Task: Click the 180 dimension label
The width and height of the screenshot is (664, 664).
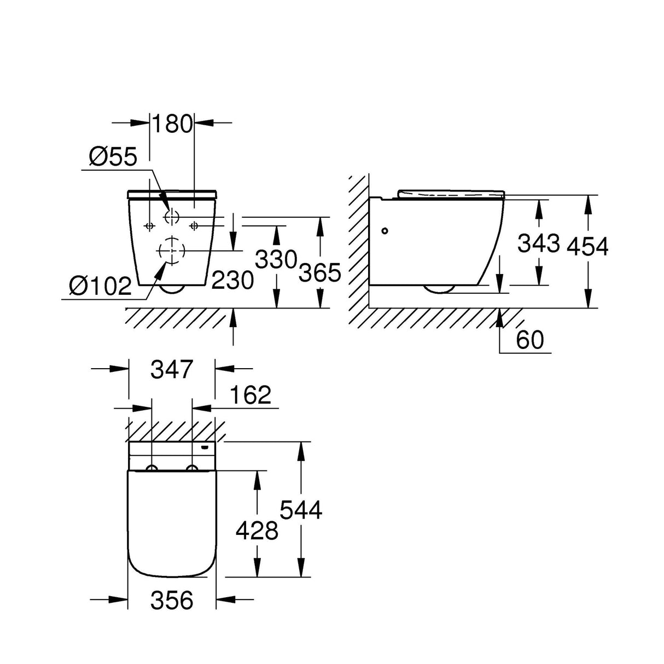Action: pos(172,124)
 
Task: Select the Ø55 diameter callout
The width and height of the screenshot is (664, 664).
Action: pos(113,157)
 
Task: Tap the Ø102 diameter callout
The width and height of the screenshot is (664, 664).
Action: pos(101,285)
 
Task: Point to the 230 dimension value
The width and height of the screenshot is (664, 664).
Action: pos(232,280)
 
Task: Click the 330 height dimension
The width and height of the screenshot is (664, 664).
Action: pos(276,260)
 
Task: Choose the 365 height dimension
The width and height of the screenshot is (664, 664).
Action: pos(320,272)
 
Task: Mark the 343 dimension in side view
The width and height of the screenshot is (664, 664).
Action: pos(539,243)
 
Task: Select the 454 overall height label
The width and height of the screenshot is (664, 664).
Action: pos(587,247)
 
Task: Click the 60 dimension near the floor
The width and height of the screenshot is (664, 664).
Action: pos(529,340)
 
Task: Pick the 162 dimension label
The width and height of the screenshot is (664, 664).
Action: pos(251,394)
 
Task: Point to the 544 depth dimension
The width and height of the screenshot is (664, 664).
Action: pos(301,510)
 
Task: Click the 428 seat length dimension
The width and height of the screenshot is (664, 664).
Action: pos(257,530)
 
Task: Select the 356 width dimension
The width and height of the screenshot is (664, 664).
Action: pos(172,600)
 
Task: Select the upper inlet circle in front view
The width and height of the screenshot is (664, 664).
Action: pos(172,217)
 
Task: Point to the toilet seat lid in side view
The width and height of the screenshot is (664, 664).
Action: pos(451,194)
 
